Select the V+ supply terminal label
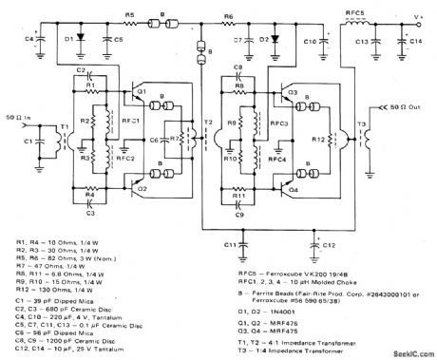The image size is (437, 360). tap(422, 16)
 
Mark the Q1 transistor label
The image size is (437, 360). tap(140, 93)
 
